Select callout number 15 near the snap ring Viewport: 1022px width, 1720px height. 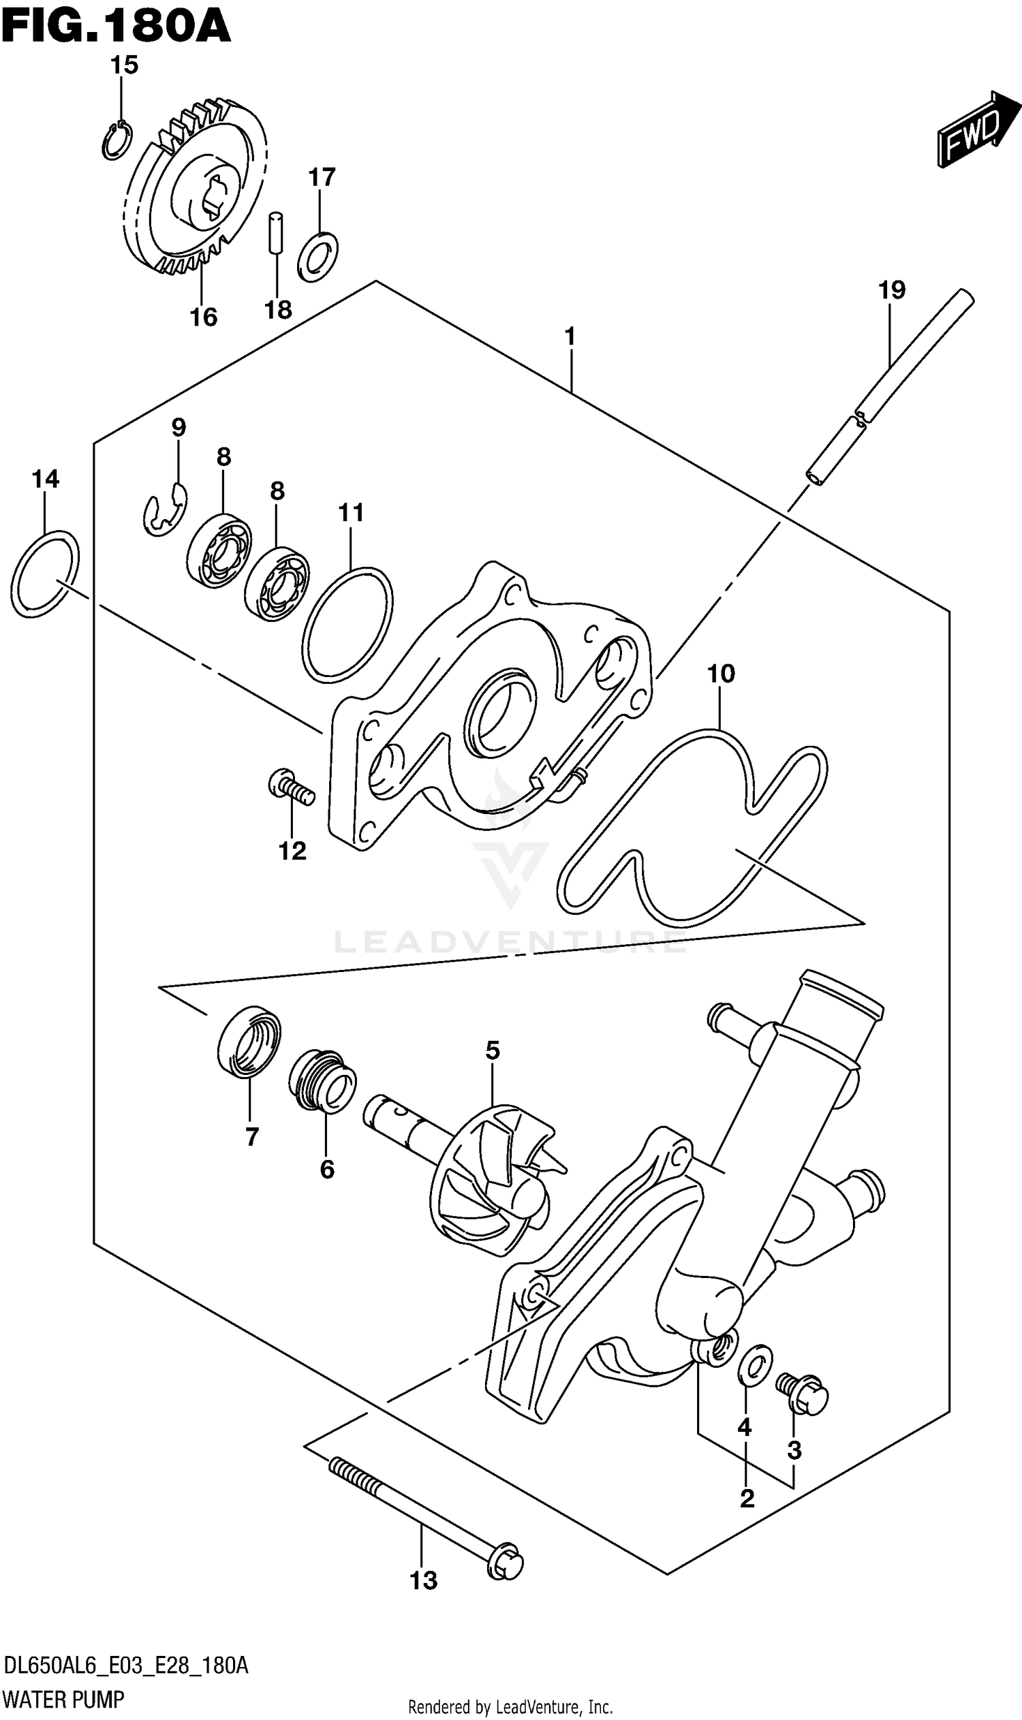tap(124, 65)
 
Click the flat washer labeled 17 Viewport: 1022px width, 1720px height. tap(318, 257)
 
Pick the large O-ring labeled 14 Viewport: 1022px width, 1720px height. tap(45, 574)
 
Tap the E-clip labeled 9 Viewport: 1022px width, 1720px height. tap(165, 510)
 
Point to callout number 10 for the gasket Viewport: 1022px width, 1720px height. tap(720, 674)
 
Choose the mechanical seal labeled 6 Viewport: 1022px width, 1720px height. tap(322, 1082)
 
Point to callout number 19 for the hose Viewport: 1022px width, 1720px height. tap(891, 290)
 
